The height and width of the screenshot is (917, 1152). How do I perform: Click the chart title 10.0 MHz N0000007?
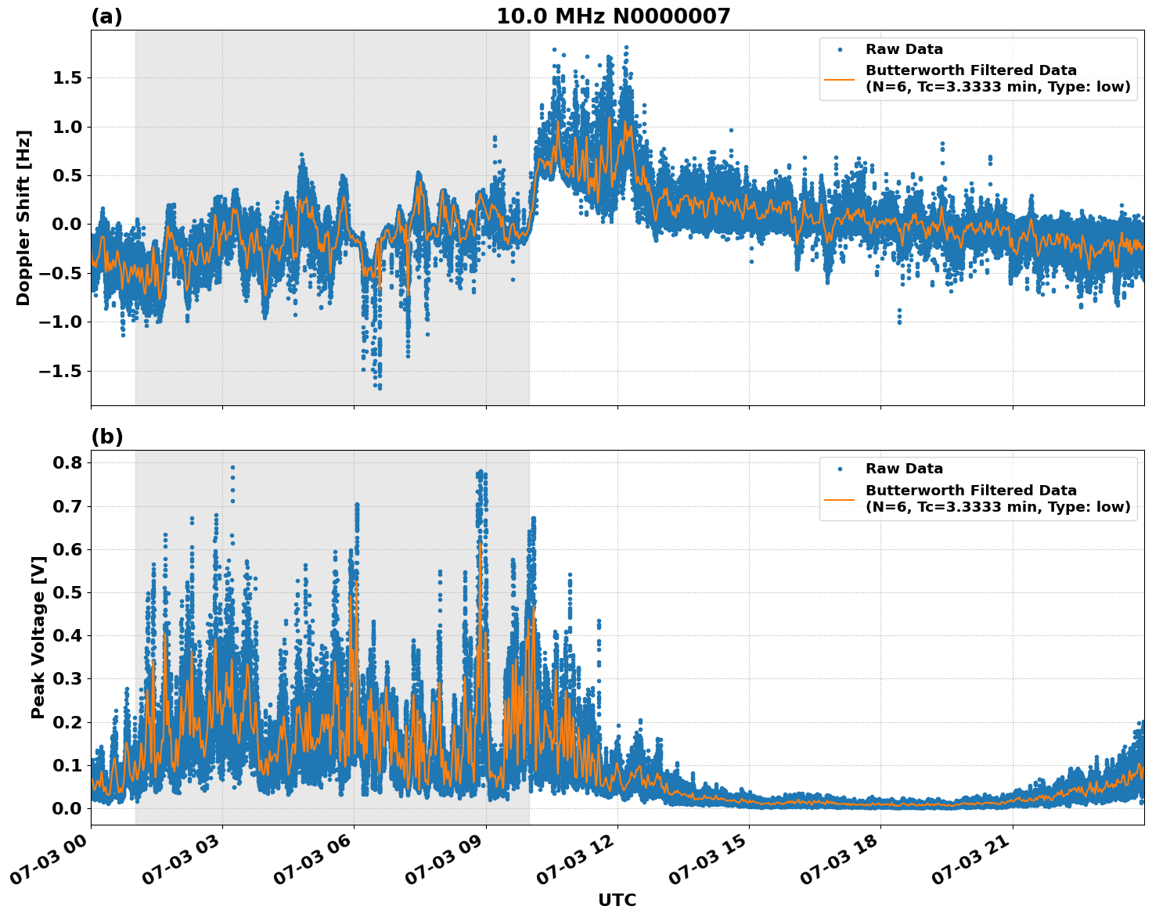pyautogui.click(x=613, y=16)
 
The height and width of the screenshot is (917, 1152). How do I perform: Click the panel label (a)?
pyautogui.click(x=106, y=16)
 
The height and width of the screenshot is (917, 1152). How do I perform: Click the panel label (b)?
pyautogui.click(x=106, y=437)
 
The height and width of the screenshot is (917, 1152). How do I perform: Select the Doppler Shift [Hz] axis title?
pyautogui.click(x=23, y=218)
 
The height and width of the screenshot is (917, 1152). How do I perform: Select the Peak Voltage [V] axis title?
pyautogui.click(x=38, y=637)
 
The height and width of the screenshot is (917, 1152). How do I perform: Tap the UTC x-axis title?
pyautogui.click(x=617, y=900)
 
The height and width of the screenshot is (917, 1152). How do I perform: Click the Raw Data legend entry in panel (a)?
pyautogui.click(x=904, y=49)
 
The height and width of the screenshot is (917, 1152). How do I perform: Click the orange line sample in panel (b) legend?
pyautogui.click(x=839, y=498)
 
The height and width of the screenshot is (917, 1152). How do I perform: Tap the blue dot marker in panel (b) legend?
pyautogui.click(x=839, y=469)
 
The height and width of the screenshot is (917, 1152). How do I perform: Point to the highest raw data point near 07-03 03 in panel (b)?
pyautogui.click(x=232, y=467)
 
